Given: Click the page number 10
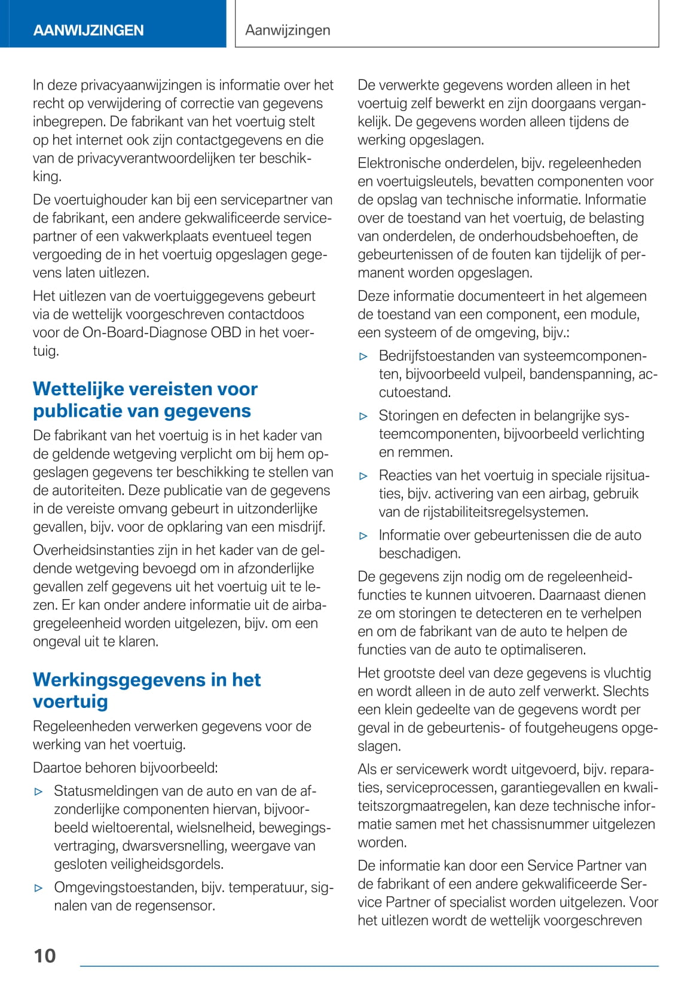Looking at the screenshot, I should coord(45,956).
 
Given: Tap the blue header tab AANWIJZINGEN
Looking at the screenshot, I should coord(88,30).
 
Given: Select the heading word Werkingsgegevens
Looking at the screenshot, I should coord(119,680).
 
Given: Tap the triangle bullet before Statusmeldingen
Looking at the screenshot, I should coord(39,792).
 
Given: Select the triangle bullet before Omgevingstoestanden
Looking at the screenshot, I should coord(39,888).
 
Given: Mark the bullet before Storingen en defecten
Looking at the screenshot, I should coord(363,416).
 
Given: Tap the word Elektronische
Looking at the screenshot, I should coord(398,163).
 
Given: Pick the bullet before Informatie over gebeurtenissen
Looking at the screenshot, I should coord(363,536).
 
